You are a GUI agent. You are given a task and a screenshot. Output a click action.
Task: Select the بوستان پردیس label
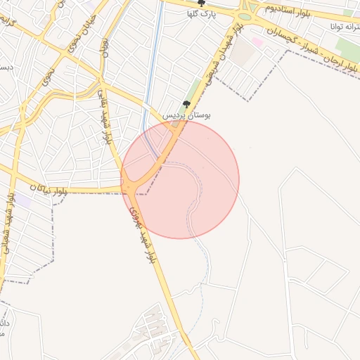pyautogui.click(x=187, y=115)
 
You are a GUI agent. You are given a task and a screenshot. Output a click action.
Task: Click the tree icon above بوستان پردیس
pyautogui.click(x=186, y=104)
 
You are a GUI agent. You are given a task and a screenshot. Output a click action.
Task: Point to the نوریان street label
pyautogui.click(x=105, y=49)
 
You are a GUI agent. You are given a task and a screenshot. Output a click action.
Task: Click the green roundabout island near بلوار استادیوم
pyautogui.click(x=245, y=16)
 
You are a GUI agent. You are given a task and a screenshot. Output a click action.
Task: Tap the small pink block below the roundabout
pyautogui.click(x=257, y=42)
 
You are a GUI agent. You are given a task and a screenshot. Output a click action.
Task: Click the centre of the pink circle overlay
pyautogui.click(x=180, y=179)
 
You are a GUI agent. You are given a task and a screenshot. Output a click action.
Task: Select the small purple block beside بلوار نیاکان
pyautogui.click(x=24, y=200)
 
